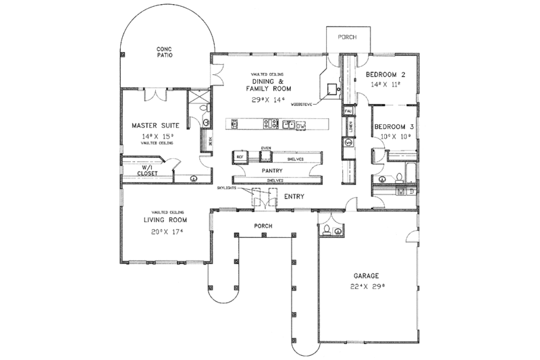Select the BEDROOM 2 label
tap(385, 74)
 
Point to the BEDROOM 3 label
tap(394, 126)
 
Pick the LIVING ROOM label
tap(164, 220)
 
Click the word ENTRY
tap(294, 197)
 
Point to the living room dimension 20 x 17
tap(164, 232)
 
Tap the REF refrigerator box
tap(240, 157)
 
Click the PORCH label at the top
tap(346, 37)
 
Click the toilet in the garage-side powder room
tap(327, 230)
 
